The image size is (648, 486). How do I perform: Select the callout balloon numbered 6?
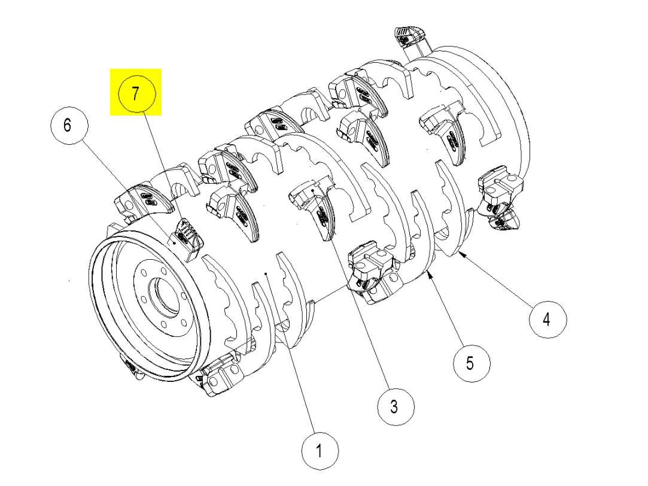point(68,125)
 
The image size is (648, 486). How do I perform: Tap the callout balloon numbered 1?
point(320,450)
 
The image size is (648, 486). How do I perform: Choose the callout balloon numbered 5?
point(470,362)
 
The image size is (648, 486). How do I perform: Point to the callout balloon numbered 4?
point(546,319)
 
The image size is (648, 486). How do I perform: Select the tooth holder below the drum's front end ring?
point(218,377)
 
